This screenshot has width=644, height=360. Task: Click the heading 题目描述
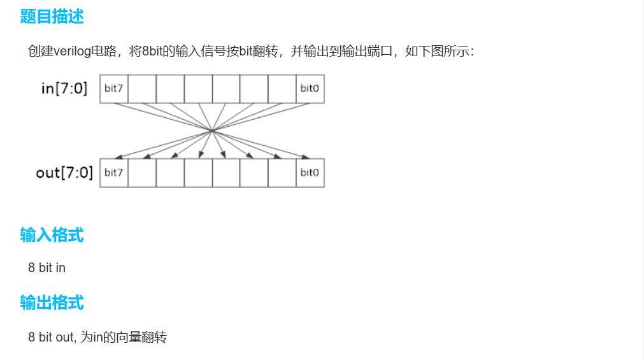pos(52,17)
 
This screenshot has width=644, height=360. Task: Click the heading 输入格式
pos(52,235)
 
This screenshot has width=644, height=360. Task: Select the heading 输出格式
pos(52,302)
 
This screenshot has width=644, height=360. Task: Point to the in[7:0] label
pos(64,88)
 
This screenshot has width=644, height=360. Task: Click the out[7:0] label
pos(64,172)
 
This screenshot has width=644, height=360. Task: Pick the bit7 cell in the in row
pos(113,89)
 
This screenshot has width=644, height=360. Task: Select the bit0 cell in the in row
pos(310,89)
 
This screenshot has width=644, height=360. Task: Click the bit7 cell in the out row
pos(113,173)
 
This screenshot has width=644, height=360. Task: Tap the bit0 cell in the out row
pos(310,173)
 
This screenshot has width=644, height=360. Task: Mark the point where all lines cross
pos(211,131)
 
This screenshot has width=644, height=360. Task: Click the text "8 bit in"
pos(47,268)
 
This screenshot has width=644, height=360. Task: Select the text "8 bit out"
pos(51,337)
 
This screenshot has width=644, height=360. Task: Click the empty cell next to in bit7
pos(141,89)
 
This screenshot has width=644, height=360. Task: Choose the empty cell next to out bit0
pos(282,173)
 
